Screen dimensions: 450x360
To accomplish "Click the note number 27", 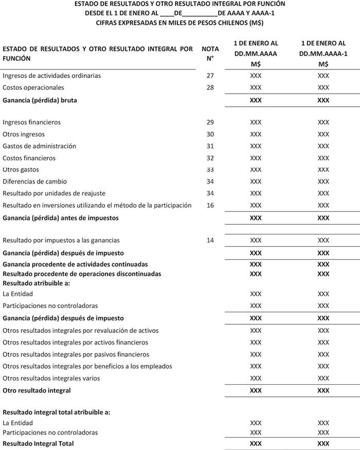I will [209, 76].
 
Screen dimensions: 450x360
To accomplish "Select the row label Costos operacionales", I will [33, 87].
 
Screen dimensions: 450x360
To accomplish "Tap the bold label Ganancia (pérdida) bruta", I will [40, 100].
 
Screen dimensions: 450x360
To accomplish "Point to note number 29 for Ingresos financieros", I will [209, 122].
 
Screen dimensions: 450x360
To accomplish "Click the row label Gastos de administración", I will [39, 146].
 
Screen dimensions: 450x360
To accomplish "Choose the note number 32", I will [209, 158].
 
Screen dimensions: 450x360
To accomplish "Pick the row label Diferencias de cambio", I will [34, 182].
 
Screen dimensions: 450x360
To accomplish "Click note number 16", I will [209, 205].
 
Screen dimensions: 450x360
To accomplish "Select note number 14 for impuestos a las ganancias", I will [209, 240].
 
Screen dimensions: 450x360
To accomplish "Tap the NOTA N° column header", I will [210, 53].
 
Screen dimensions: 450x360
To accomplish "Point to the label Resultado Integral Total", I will [38, 443].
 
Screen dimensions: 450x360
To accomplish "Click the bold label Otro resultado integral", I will [37, 391].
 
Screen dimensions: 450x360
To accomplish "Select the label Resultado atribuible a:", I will [37, 283].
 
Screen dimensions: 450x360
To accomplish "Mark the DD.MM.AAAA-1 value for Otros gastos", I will [323, 170].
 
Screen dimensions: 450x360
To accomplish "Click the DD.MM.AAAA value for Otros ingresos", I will [256, 134].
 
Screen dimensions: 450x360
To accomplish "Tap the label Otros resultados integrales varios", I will [51, 379].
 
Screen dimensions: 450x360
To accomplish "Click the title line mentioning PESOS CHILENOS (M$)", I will [179, 23].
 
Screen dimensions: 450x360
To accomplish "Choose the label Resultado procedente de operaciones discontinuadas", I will [82, 274].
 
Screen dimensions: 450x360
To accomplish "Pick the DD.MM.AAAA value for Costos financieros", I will [256, 158].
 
